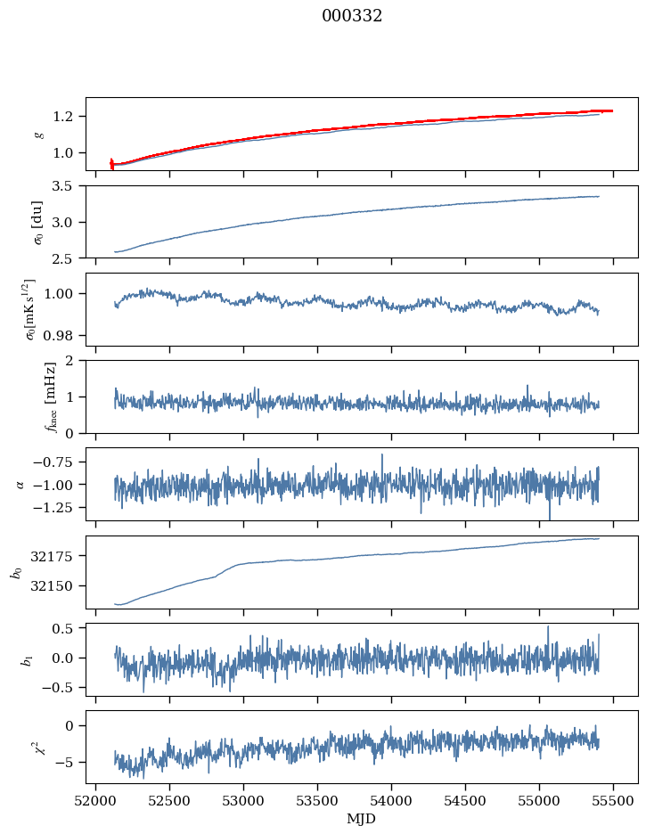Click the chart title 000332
tap(352, 16)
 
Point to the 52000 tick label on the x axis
tap(95, 799)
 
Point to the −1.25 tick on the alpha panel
tap(55, 507)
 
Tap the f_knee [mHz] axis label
tap(26, 397)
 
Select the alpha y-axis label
tap(20, 484)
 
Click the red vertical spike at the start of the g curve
tap(111, 163)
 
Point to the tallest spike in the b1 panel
tap(548, 627)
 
